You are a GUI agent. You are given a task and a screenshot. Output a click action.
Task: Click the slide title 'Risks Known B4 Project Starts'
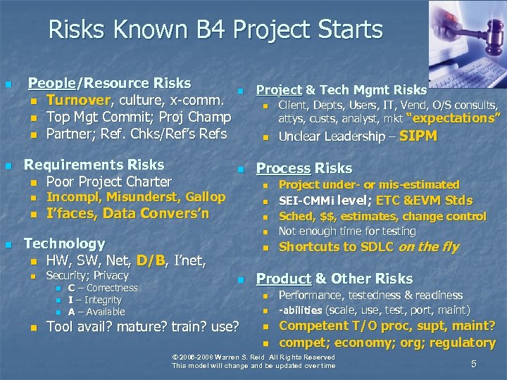pyautogui.click(x=215, y=30)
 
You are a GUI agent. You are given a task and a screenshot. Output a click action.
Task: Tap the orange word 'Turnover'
pyautogui.click(x=77, y=100)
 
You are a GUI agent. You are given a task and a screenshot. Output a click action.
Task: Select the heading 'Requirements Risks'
pyautogui.click(x=94, y=165)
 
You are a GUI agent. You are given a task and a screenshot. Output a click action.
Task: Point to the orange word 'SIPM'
pyautogui.click(x=418, y=136)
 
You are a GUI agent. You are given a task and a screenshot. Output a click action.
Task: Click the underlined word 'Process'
pyautogui.click(x=283, y=168)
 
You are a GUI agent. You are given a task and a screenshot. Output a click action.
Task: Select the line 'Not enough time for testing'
pyautogui.click(x=347, y=231)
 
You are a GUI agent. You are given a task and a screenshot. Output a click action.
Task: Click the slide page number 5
pyautogui.click(x=474, y=363)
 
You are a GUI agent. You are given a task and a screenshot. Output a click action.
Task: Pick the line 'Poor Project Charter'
pyautogui.click(x=108, y=182)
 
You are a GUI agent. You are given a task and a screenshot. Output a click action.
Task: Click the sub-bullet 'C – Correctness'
pyautogui.click(x=103, y=288)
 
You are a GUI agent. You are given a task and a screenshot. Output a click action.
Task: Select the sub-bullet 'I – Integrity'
pyautogui.click(x=95, y=300)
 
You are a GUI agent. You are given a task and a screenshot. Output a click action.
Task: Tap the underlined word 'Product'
pyautogui.click(x=282, y=279)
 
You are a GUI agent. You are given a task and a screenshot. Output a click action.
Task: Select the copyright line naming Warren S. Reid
pyautogui.click(x=254, y=357)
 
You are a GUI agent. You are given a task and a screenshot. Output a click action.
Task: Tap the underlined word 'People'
pyautogui.click(x=51, y=84)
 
